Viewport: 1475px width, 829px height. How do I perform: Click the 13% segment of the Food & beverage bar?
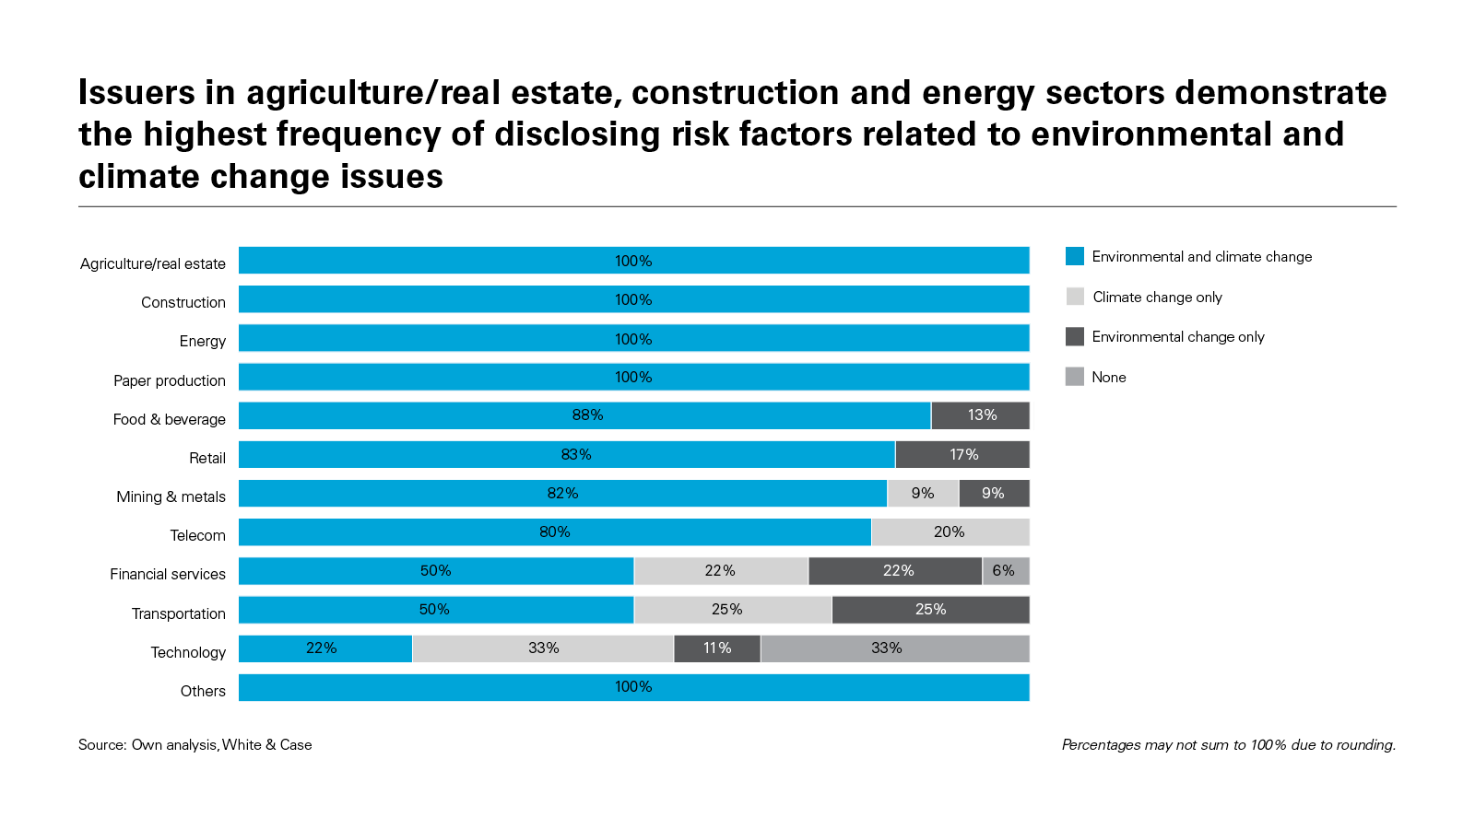980,415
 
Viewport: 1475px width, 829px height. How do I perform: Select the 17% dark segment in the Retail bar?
962,455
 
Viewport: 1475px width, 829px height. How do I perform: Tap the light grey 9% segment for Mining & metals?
923,494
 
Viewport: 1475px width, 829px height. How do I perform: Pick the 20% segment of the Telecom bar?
950,532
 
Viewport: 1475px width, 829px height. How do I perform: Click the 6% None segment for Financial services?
1005,571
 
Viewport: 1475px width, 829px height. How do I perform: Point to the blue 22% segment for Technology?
324,648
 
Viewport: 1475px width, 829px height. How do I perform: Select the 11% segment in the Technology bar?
717,648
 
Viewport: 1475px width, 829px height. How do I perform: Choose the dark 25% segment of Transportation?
930,610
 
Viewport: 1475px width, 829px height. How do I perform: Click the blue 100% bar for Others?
633,687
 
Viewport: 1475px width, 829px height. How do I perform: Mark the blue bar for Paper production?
633,377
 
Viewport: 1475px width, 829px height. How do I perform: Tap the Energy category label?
203,342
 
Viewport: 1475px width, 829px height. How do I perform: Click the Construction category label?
183,303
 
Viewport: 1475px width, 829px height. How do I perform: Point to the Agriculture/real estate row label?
153,264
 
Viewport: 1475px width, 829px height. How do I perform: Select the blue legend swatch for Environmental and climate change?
1075,257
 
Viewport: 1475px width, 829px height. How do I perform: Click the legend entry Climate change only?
1157,298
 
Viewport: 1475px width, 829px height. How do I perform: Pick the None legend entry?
1108,378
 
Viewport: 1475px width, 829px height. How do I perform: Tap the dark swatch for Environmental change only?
1075,337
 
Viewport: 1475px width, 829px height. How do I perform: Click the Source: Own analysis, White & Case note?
195,745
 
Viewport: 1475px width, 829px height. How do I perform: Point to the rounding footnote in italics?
1228,745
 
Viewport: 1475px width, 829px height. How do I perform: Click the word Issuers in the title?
137,93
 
